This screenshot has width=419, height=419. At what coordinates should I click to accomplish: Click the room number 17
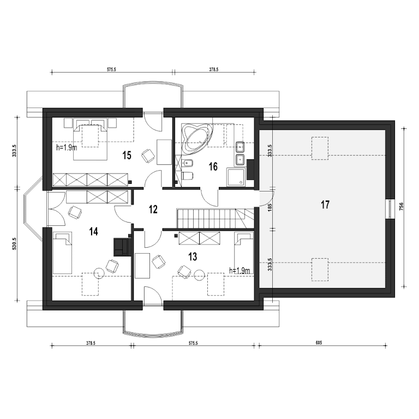pos(325,205)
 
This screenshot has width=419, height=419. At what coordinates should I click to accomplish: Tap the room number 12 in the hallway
pos(153,209)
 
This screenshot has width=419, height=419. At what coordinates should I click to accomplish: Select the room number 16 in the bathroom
pos(213,167)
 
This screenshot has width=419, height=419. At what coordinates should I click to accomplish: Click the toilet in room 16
pos(187,176)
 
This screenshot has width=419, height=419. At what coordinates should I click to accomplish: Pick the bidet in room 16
pos(188,163)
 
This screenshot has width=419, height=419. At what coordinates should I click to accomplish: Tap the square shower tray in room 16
pos(236,177)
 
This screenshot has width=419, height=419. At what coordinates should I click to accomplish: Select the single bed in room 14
pos(63,253)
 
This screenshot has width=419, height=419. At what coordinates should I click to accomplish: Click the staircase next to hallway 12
pos(215,219)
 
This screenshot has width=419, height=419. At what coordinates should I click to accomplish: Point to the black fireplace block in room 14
pos(122,247)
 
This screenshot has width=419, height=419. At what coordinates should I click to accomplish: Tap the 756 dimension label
pos(402,207)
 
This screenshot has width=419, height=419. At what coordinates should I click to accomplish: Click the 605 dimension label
pos(319,343)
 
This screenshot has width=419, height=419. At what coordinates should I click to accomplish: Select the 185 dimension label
pos(270,207)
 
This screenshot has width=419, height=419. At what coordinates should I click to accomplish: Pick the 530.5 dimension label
pos(15,243)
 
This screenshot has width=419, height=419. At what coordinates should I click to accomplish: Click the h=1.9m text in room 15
pos(67,147)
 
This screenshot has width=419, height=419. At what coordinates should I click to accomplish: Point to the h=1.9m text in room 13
pos(240,271)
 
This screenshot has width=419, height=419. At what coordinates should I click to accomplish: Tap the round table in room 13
pos(199,275)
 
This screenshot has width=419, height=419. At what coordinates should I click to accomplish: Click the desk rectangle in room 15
pos(164,152)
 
